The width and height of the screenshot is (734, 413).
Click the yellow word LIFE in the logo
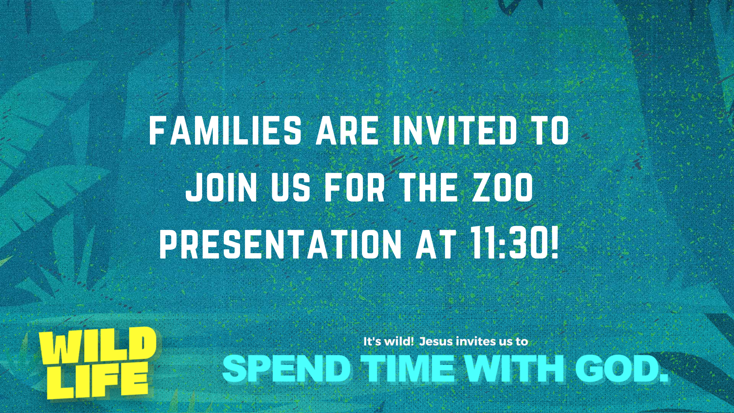coord(97,380)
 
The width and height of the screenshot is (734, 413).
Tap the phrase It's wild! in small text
coord(388,341)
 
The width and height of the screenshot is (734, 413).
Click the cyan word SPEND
coord(287,368)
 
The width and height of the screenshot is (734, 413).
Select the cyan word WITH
coord(515,368)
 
